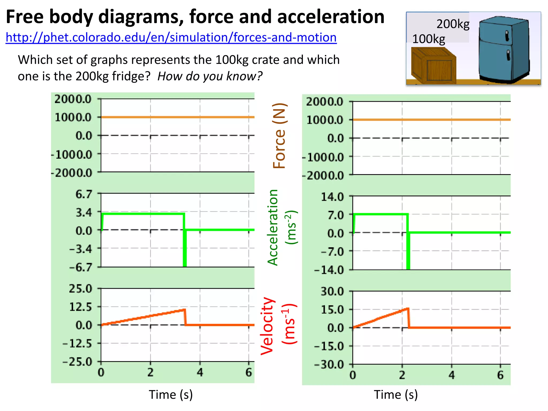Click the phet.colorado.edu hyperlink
coord(171,37)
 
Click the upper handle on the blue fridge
coord(507,36)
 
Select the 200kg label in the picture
coord(453,24)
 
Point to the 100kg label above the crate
coord(428,39)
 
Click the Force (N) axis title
coord(279,136)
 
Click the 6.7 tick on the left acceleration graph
coord(83,194)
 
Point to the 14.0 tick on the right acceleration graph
coord(332,197)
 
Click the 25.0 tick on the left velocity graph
coord(80,289)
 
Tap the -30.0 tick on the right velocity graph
coord(329,365)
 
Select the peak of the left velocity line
coord(184,310)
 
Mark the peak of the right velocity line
coord(408,309)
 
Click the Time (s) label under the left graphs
coord(171,395)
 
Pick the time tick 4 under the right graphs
coord(451,375)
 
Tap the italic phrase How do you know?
coord(210,76)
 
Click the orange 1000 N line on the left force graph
coord(177,117)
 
